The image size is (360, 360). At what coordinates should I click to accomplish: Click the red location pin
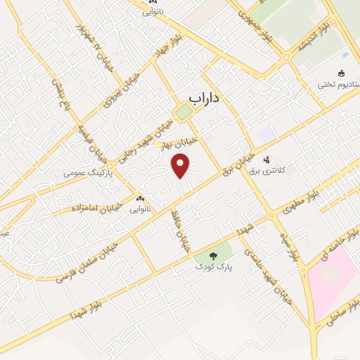pos(181,167)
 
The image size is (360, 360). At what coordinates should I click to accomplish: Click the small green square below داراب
pos(184,111)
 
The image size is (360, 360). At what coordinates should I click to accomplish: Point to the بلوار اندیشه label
pos(321,34)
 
